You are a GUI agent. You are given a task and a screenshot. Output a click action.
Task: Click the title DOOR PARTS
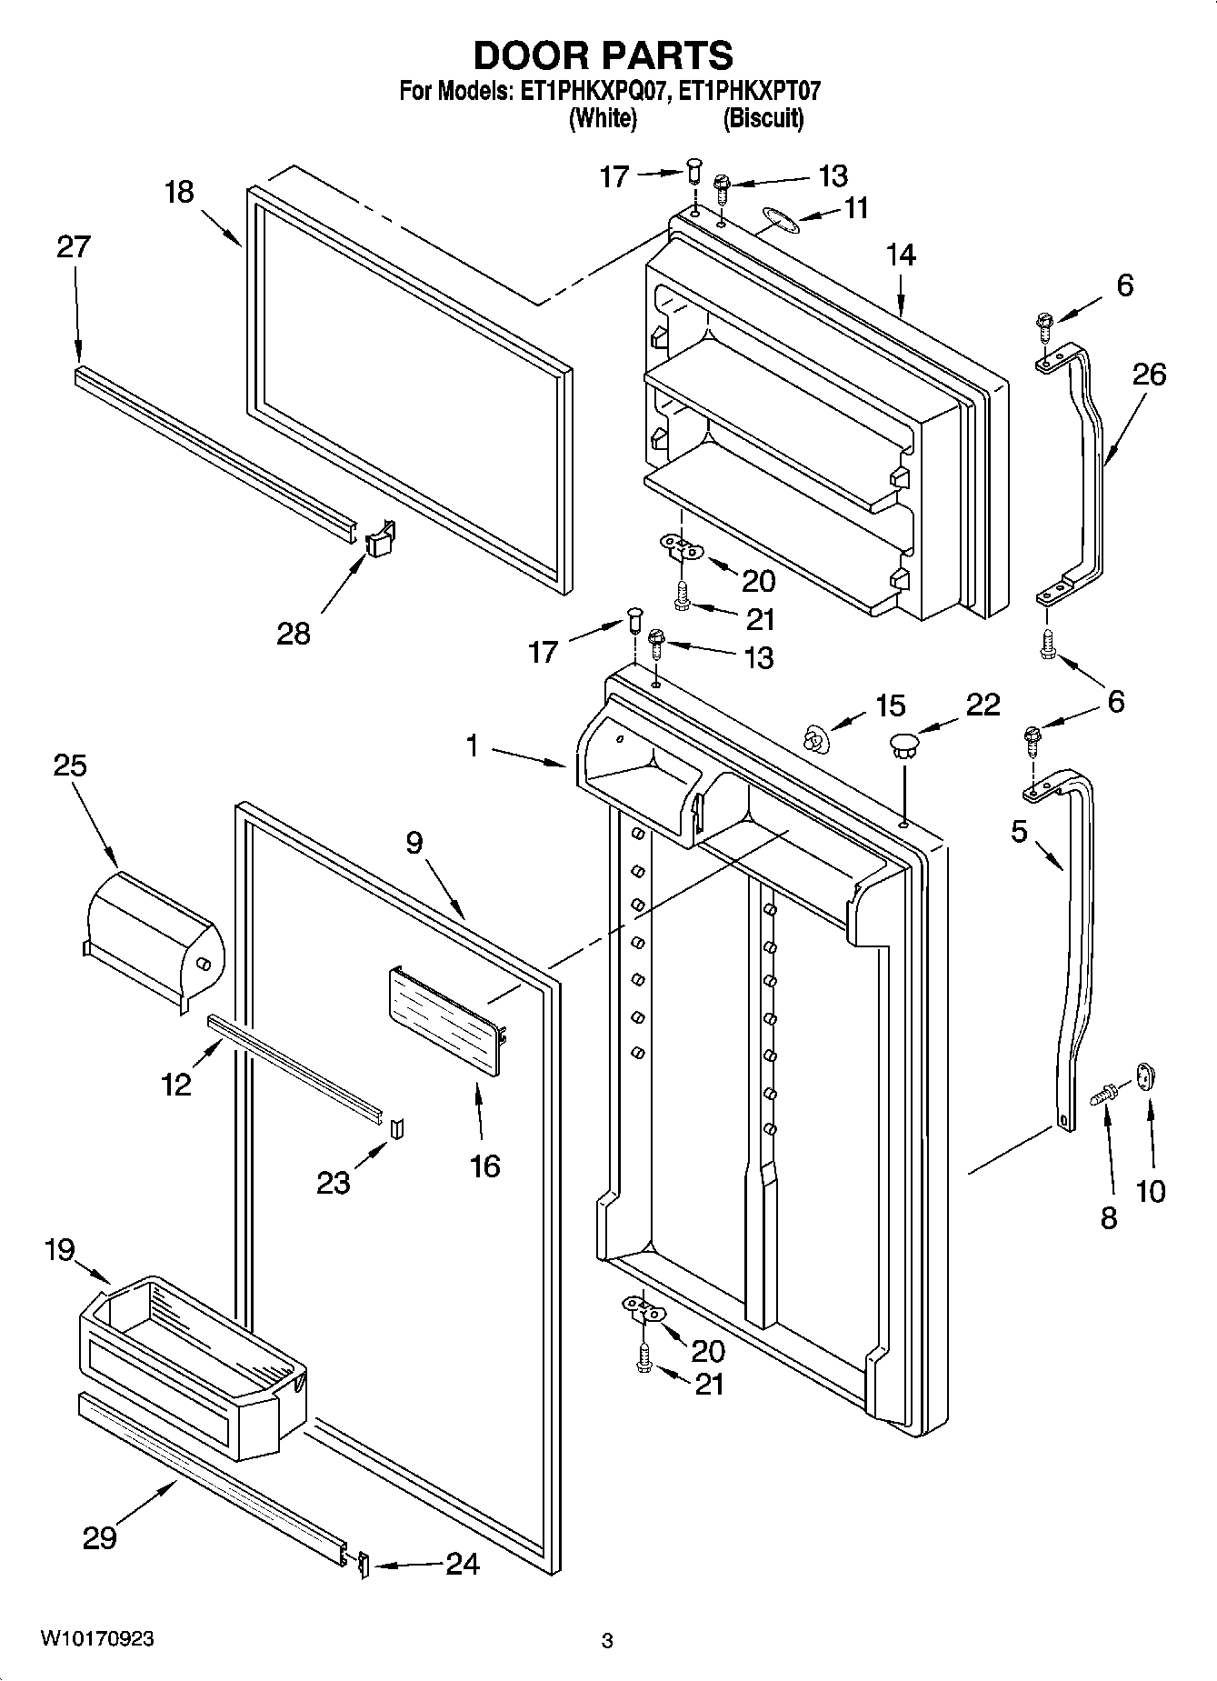click(603, 55)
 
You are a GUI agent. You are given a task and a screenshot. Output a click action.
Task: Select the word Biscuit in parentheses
click(763, 118)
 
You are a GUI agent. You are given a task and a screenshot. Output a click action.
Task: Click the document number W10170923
click(97, 1639)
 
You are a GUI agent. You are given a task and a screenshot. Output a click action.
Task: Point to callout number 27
click(74, 247)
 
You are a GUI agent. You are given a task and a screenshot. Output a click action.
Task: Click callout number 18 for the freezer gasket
click(180, 193)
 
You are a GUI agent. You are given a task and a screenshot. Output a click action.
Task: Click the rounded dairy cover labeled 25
click(150, 936)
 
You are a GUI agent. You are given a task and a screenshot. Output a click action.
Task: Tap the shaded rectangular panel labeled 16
click(446, 1020)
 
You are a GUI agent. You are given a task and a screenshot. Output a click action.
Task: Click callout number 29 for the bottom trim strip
click(99, 1538)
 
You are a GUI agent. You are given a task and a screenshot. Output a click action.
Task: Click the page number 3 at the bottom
click(607, 1640)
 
